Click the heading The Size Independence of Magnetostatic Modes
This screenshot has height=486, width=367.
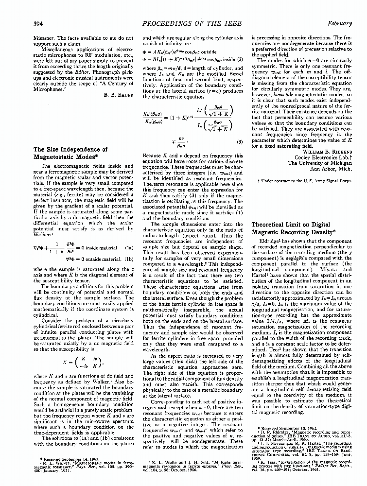point(63,153)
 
